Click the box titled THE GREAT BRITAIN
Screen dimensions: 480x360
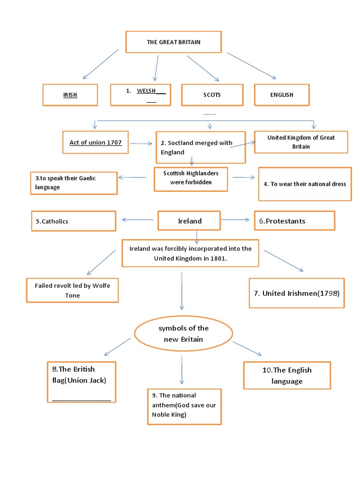point(173,42)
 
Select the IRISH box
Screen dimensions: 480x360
point(70,95)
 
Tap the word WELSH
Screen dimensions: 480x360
point(146,91)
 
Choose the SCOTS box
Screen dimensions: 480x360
point(212,95)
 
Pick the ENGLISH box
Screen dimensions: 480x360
point(281,95)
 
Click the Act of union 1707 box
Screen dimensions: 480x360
point(95,142)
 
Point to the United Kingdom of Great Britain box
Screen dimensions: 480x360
point(300,142)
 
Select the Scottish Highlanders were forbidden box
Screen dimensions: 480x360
point(191,178)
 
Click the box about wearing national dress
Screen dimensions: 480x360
point(305,184)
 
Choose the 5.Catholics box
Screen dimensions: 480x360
point(73,221)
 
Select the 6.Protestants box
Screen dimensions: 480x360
point(294,221)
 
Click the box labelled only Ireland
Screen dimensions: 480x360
point(190,221)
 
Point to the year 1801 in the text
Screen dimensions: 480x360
point(219,258)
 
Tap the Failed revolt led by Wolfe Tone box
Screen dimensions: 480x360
point(72,290)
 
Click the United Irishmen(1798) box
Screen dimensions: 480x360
point(296,293)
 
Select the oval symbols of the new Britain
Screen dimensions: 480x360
point(183,334)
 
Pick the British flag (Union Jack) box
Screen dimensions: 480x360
point(82,381)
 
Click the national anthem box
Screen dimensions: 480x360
point(184,406)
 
